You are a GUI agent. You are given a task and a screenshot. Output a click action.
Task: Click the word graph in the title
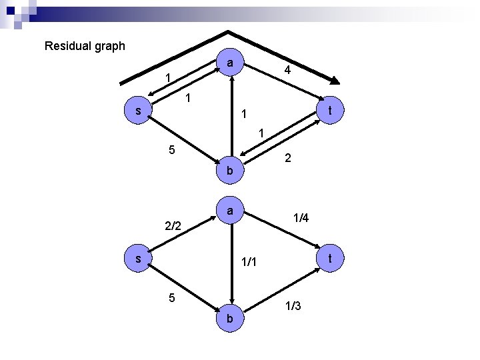108,47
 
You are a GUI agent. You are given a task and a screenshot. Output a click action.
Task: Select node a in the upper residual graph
230,63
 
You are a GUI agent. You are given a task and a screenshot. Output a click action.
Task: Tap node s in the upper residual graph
138,111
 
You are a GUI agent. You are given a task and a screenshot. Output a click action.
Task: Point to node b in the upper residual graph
230,171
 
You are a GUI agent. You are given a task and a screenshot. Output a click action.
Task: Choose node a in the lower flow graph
230,211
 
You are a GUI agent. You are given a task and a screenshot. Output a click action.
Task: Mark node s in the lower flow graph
138,257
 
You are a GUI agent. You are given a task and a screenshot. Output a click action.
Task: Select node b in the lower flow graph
230,319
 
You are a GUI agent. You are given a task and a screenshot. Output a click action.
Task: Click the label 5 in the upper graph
171,149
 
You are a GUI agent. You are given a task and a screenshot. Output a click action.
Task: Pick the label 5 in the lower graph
171,298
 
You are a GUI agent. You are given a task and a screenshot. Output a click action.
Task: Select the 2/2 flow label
173,226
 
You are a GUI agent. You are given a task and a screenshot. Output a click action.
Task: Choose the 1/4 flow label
301,217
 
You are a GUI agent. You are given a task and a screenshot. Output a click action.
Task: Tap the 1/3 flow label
293,306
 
